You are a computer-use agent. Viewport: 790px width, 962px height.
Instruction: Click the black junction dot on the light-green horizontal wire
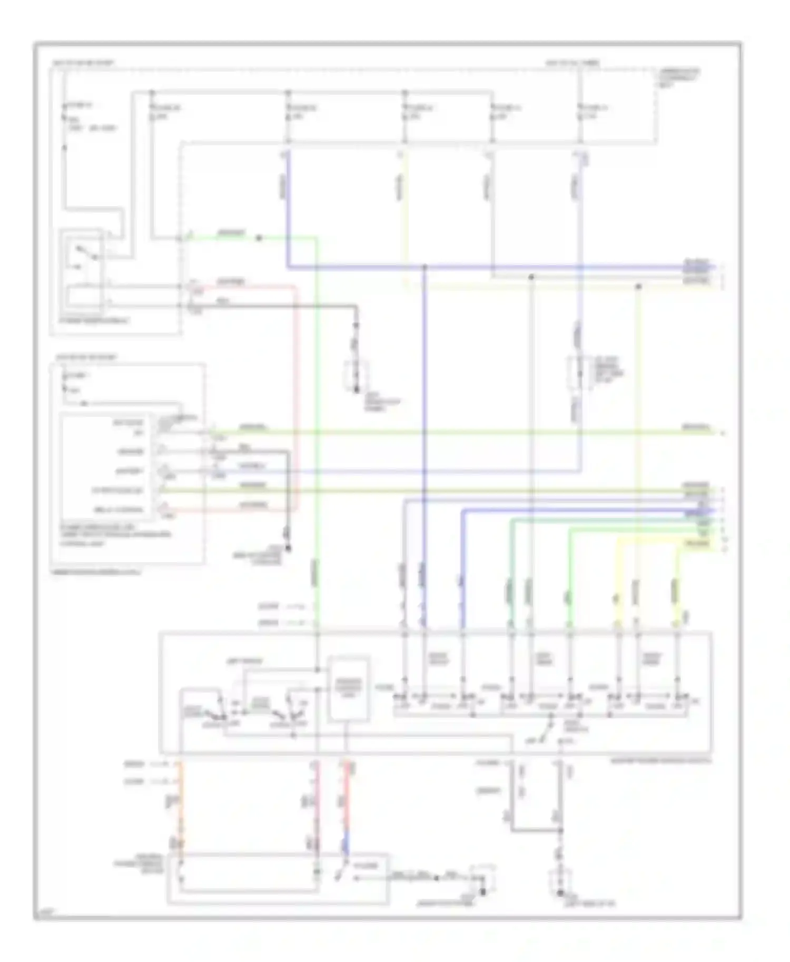(x=259, y=238)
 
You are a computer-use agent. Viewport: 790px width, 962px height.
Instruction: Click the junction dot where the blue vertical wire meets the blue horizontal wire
(x=424, y=267)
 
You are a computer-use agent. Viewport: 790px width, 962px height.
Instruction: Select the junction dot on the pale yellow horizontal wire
(x=638, y=287)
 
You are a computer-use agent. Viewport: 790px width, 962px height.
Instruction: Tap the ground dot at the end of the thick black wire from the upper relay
(x=357, y=390)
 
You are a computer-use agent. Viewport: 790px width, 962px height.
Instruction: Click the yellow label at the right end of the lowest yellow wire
(x=697, y=543)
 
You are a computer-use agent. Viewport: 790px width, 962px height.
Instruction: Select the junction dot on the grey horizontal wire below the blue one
(x=531, y=276)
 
